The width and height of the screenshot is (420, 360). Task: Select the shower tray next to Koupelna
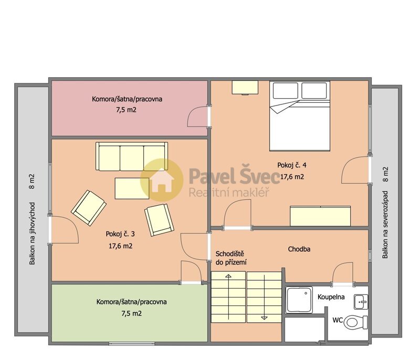pos(299,300)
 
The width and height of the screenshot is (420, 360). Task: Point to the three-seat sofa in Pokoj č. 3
pos(131,156)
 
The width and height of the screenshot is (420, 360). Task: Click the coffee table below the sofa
pos(132,188)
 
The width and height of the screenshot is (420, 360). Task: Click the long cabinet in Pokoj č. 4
pos(320,216)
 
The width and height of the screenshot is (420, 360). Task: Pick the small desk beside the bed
pos(245,87)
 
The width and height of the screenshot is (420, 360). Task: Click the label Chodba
pos(299,249)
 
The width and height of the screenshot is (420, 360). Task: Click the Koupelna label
pos(331,297)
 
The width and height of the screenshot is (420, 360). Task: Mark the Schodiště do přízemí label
pos(231,257)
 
